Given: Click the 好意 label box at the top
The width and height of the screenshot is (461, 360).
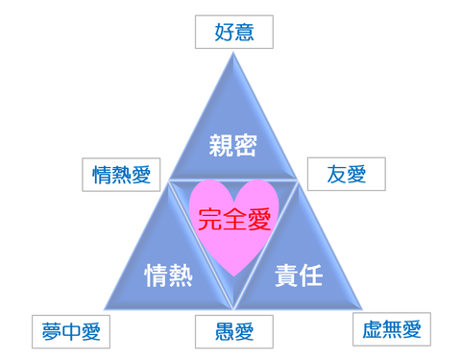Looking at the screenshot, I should pos(234,32).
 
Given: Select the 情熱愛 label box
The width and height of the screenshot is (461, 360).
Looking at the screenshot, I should pos(121,174).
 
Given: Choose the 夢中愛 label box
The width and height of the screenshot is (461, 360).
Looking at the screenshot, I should pos(71,332).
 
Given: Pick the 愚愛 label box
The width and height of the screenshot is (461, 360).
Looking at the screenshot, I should pos(234,332).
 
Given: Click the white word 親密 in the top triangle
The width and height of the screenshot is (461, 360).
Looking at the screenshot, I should pos(234,146).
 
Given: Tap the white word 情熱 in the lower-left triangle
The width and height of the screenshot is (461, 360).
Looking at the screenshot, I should pos(168,276).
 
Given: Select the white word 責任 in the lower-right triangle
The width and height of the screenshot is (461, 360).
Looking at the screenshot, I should pos(299,276).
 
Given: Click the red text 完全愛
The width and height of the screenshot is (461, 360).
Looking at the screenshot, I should pos(233,220).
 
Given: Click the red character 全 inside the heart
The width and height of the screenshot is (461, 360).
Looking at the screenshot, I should pos(233,220).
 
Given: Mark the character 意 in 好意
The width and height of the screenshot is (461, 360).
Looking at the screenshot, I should pos(245,32).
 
